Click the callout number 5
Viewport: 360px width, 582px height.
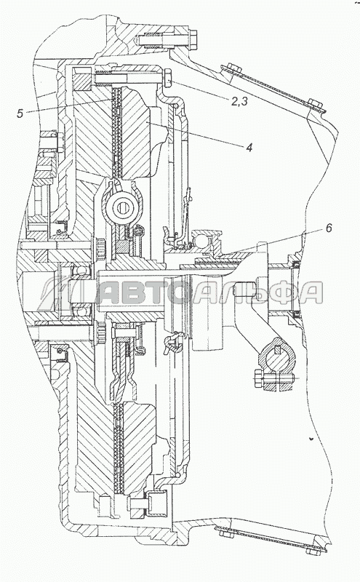click(20, 113)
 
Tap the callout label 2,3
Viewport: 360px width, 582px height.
click(239, 101)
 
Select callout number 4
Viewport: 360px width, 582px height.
click(249, 148)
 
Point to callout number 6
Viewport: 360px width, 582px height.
click(329, 228)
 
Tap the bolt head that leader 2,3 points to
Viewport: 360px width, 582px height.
click(167, 78)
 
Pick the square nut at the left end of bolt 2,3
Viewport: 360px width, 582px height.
click(81, 79)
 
